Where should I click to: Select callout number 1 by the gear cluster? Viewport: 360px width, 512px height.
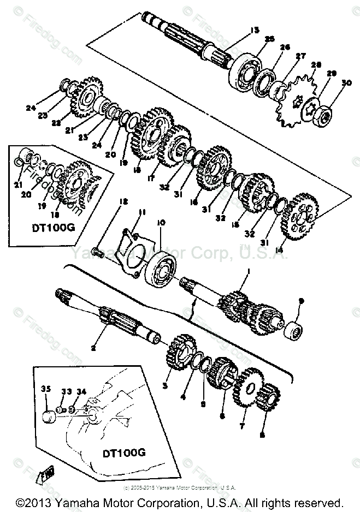pyautogui.click(x=246, y=270)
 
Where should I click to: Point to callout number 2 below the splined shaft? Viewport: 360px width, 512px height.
pyautogui.click(x=93, y=347)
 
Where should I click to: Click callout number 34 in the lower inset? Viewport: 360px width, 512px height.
pyautogui.click(x=81, y=391)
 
